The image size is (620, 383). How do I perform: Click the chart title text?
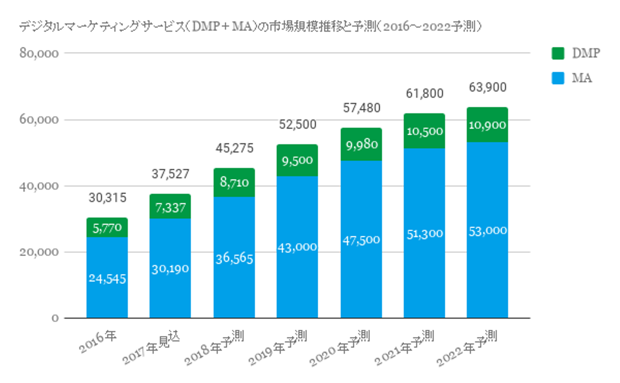[x=250, y=27]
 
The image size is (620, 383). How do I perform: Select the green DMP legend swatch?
[x=558, y=53]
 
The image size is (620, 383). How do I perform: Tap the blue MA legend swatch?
[x=558, y=78]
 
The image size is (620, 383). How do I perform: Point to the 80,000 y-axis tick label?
[x=39, y=53]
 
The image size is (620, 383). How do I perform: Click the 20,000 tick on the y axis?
[x=39, y=252]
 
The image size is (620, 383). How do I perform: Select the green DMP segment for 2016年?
[x=107, y=227]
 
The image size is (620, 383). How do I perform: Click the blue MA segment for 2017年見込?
[x=170, y=268]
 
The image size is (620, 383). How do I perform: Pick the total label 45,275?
[x=234, y=148]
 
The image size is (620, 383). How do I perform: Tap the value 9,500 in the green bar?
[x=297, y=161]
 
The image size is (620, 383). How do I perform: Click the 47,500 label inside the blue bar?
[x=361, y=240]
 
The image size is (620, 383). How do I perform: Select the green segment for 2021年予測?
[x=425, y=131]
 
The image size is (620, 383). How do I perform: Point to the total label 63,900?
[x=487, y=87]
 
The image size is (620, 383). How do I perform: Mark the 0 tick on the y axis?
[x=55, y=318]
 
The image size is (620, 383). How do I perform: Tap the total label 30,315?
[x=108, y=198]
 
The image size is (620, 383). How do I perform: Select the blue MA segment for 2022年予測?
[x=487, y=231]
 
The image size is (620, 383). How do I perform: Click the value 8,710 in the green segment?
[x=234, y=182]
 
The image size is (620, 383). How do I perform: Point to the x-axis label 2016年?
[x=98, y=342]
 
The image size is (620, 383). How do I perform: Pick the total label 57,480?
[x=362, y=108]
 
